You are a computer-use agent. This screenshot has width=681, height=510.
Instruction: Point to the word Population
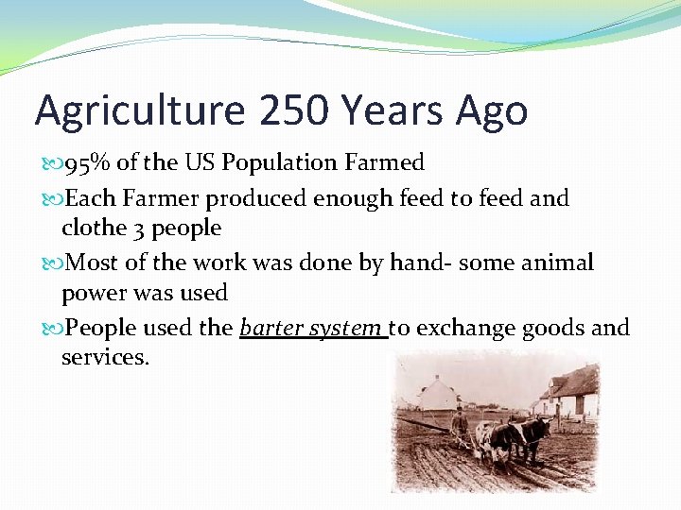pyautogui.click(x=290, y=163)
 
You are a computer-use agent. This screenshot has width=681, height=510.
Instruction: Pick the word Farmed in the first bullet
pyautogui.click(x=385, y=163)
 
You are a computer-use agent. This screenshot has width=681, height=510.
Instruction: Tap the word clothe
pyautogui.click(x=92, y=228)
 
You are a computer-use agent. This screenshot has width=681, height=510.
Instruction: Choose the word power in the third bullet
pyautogui.click(x=95, y=293)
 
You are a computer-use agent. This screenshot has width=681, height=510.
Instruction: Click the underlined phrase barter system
pyautogui.click(x=311, y=328)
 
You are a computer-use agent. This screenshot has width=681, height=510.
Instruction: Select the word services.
pyautogui.click(x=105, y=358)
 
